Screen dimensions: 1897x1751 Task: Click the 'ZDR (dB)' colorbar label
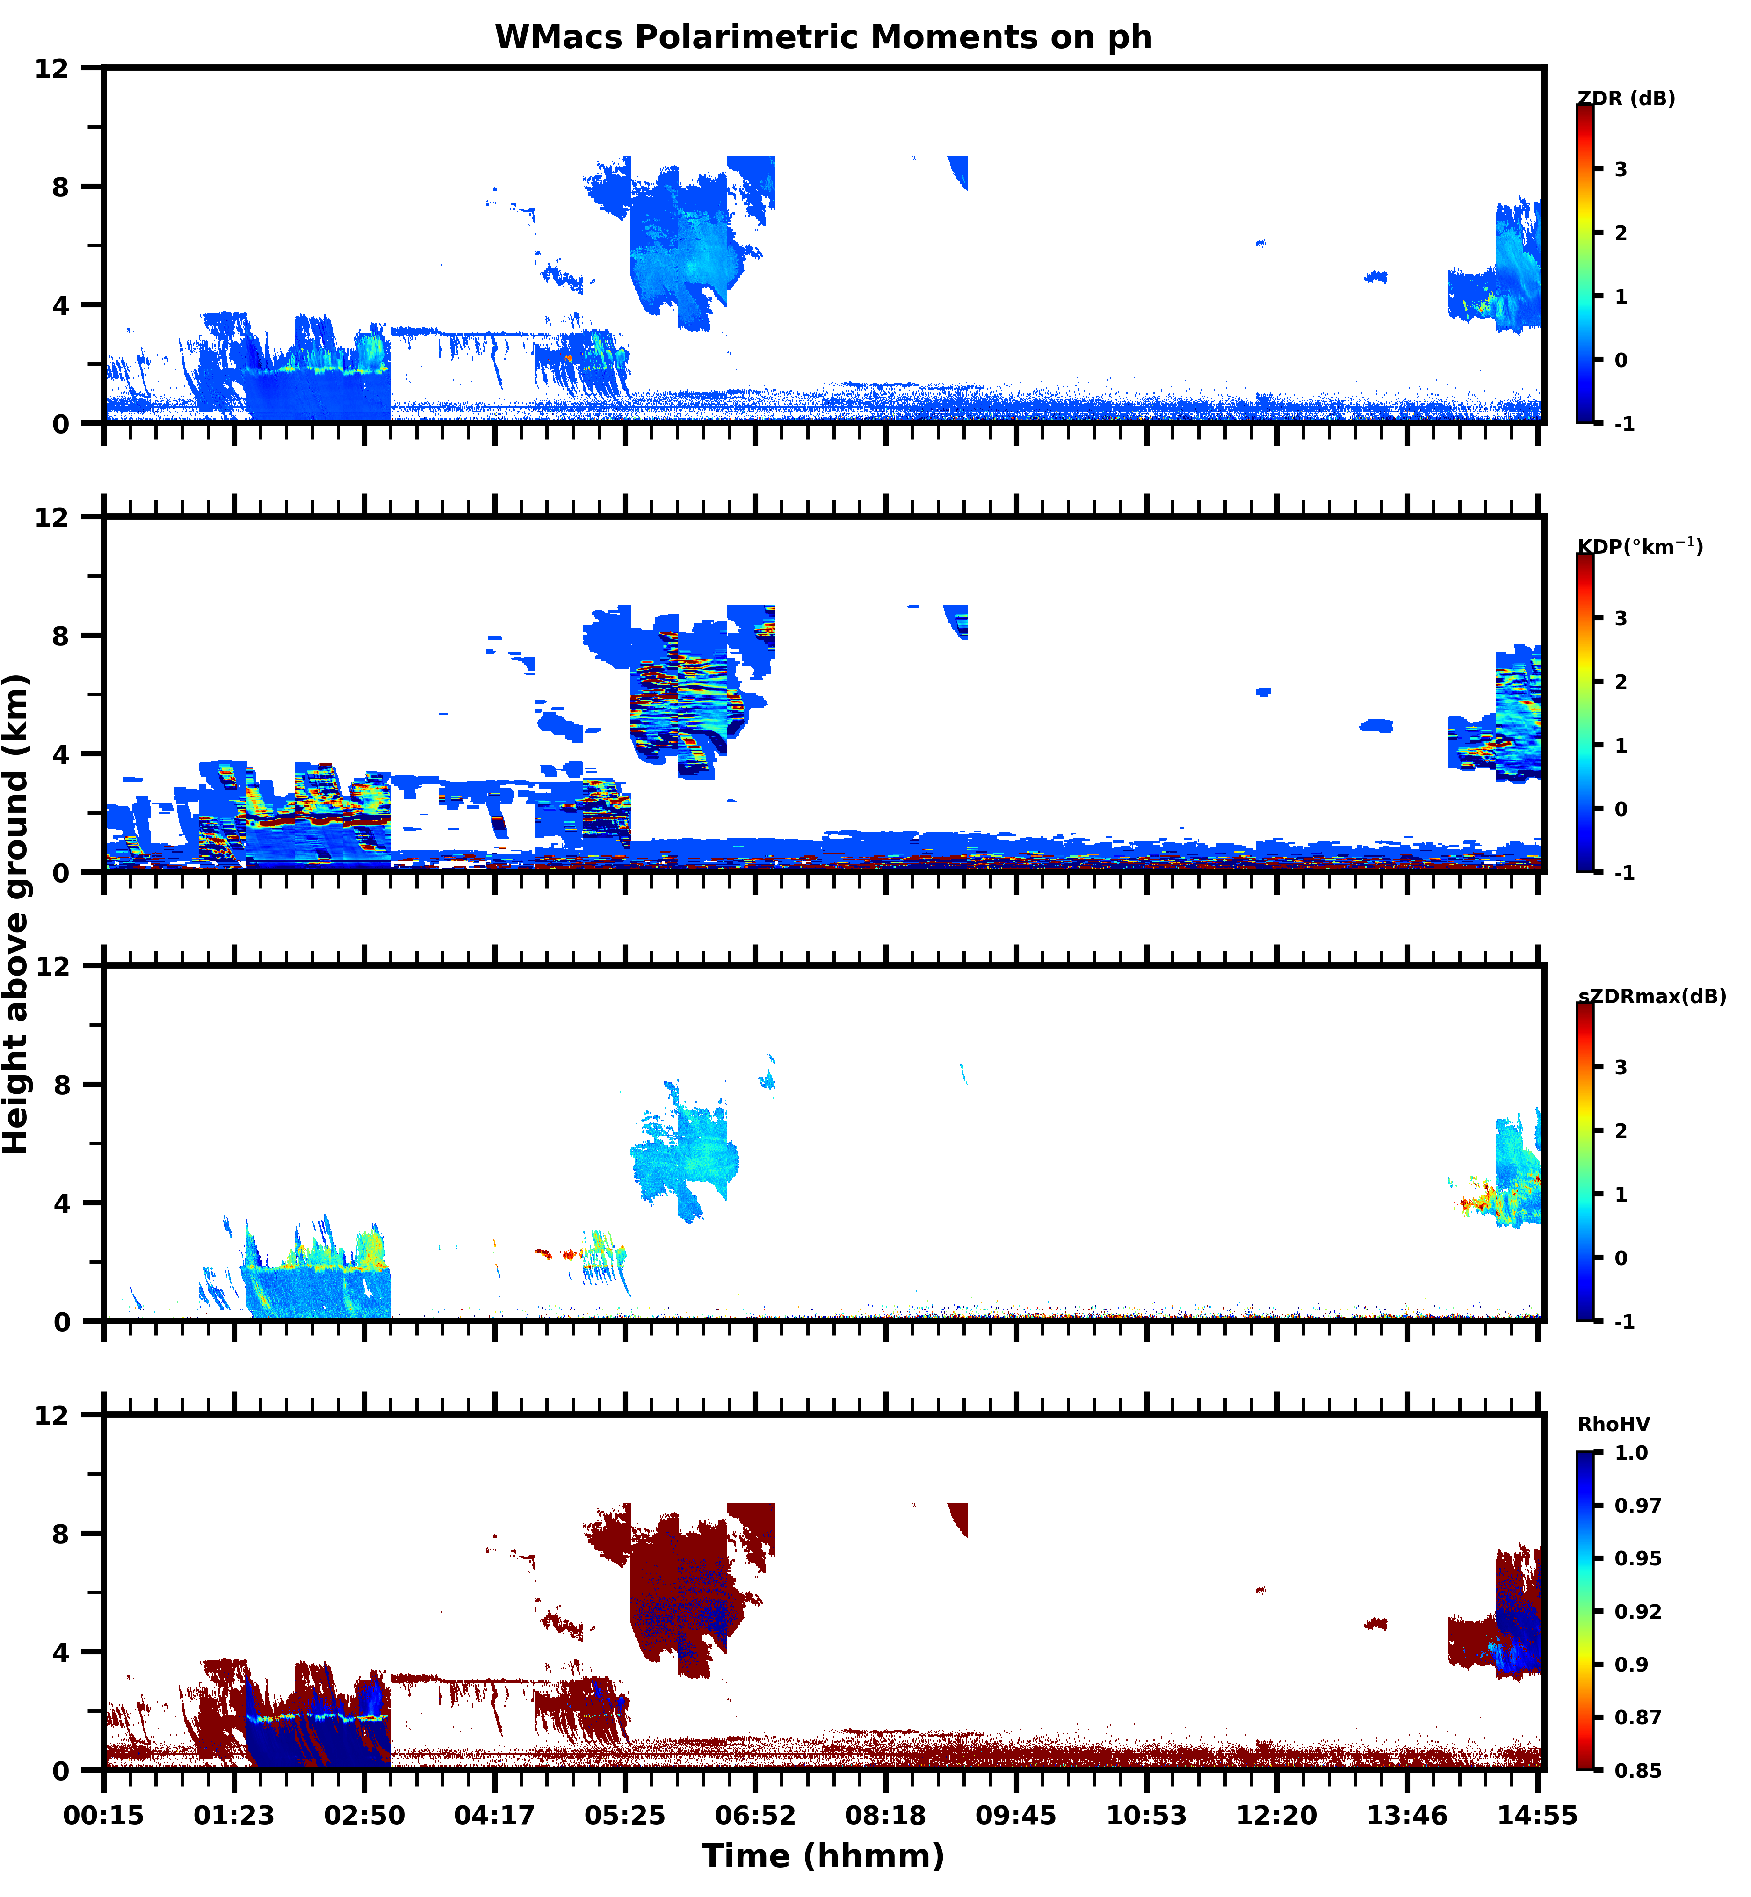(x=1626, y=99)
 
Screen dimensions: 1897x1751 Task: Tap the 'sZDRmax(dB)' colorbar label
(x=1651, y=996)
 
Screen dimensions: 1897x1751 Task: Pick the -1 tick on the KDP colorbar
(x=1624, y=873)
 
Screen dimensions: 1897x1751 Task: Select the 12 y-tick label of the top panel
(x=52, y=68)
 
